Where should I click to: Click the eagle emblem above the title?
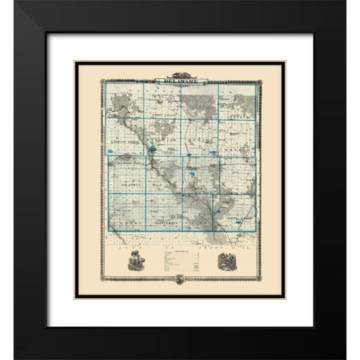[179, 71]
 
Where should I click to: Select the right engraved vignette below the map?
[225, 264]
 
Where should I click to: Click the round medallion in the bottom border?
[179, 280]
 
